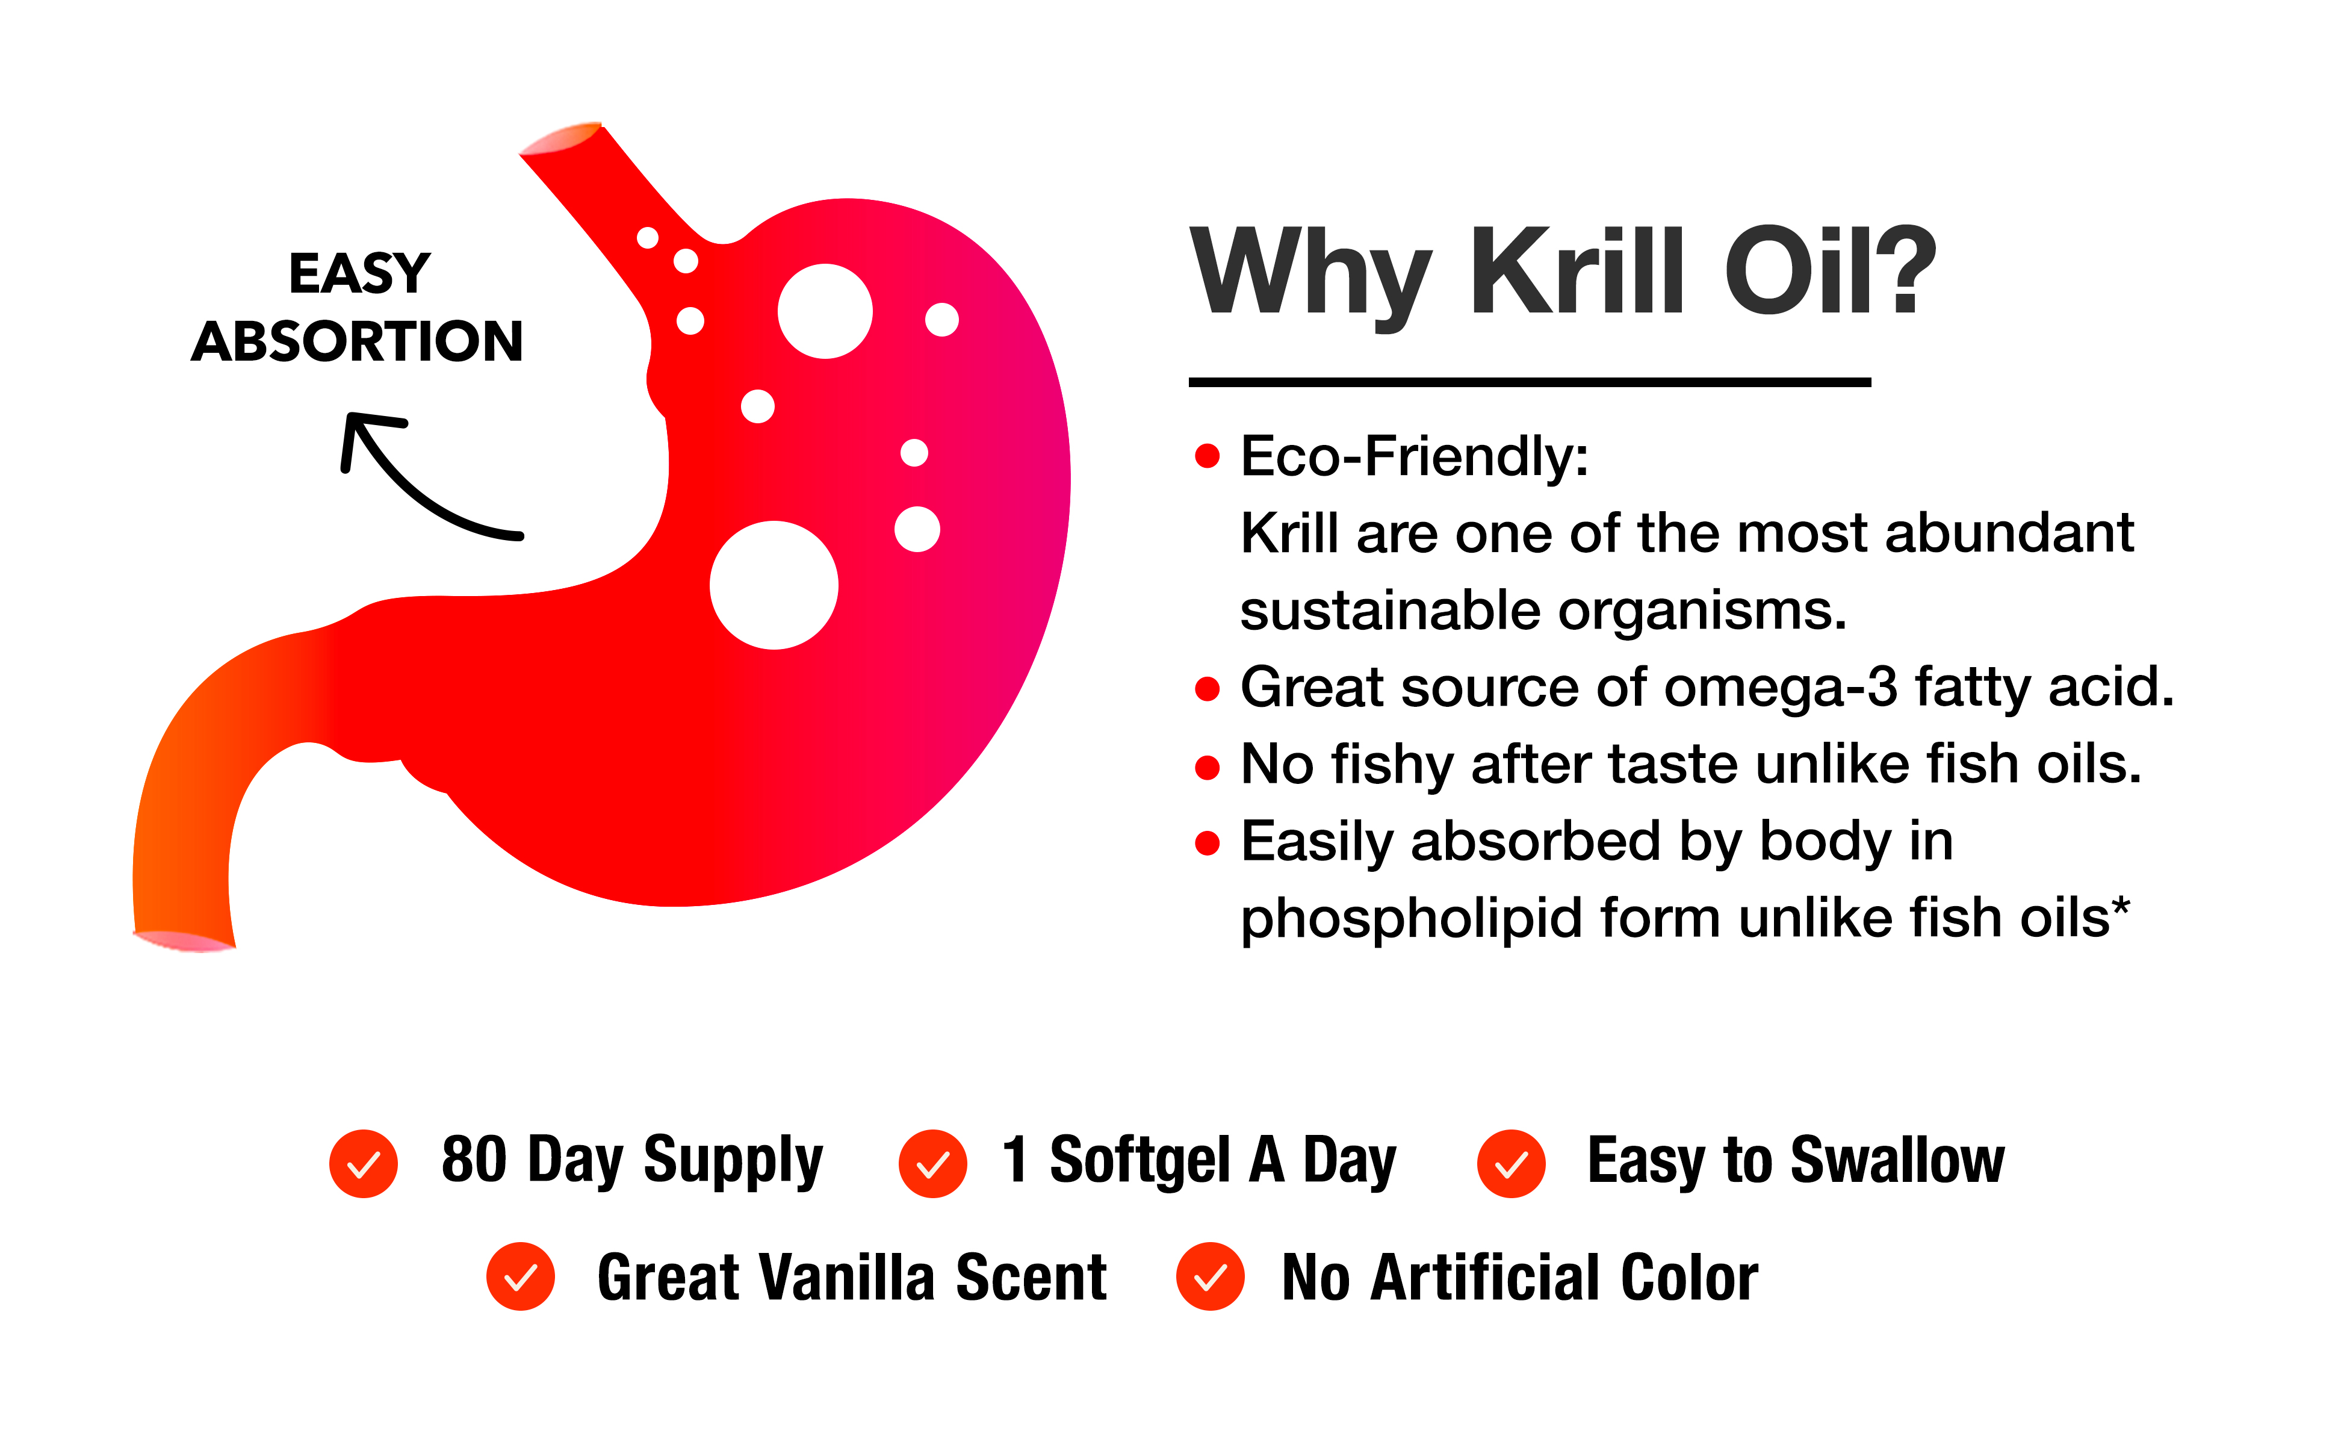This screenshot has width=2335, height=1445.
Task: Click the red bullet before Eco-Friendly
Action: tap(1208, 456)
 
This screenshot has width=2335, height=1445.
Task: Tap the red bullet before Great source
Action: tap(1208, 688)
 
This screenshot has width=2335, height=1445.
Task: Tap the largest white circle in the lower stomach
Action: tap(774, 585)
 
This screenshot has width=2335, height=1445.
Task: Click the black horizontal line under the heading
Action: tap(1530, 382)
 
